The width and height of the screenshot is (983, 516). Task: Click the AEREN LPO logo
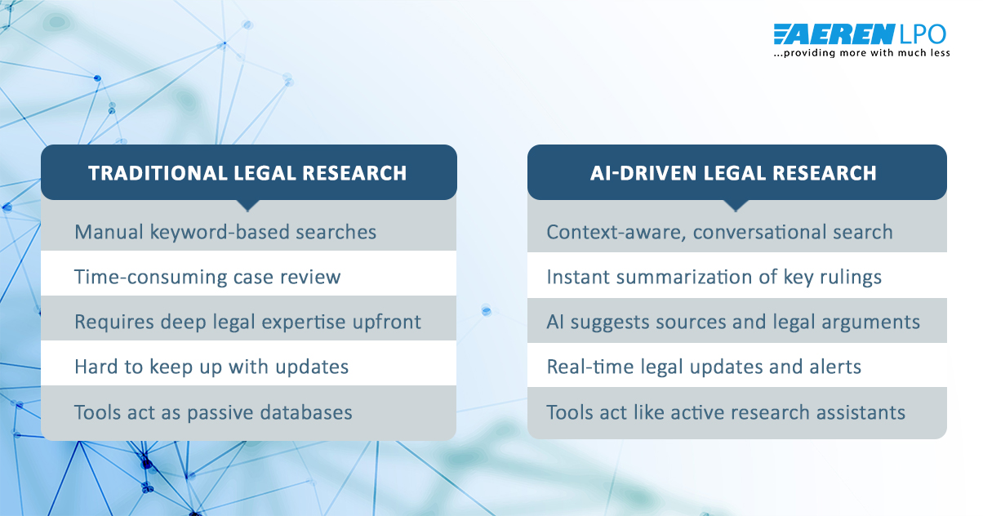860,34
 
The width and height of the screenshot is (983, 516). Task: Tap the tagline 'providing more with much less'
862,53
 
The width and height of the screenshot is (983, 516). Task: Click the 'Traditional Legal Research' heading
247,173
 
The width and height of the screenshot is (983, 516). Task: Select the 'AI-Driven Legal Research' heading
733,173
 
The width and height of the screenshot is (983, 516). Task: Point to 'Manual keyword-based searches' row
225,232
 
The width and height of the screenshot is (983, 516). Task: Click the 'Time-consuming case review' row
207,277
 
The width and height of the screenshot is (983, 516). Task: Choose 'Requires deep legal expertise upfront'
247,322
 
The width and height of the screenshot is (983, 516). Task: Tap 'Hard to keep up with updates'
211,367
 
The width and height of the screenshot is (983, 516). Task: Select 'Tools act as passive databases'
213,412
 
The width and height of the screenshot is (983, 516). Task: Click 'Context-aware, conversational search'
719,232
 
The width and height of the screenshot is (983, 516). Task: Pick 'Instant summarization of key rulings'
714,277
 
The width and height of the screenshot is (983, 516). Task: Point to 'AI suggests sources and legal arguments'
733,322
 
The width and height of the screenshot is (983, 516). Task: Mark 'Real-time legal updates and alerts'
704,367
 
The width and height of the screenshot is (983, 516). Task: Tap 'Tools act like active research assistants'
726,412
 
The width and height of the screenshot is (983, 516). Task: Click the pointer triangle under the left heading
248,205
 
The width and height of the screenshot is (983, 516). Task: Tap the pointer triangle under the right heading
735,205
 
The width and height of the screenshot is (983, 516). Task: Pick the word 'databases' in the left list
310,412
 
